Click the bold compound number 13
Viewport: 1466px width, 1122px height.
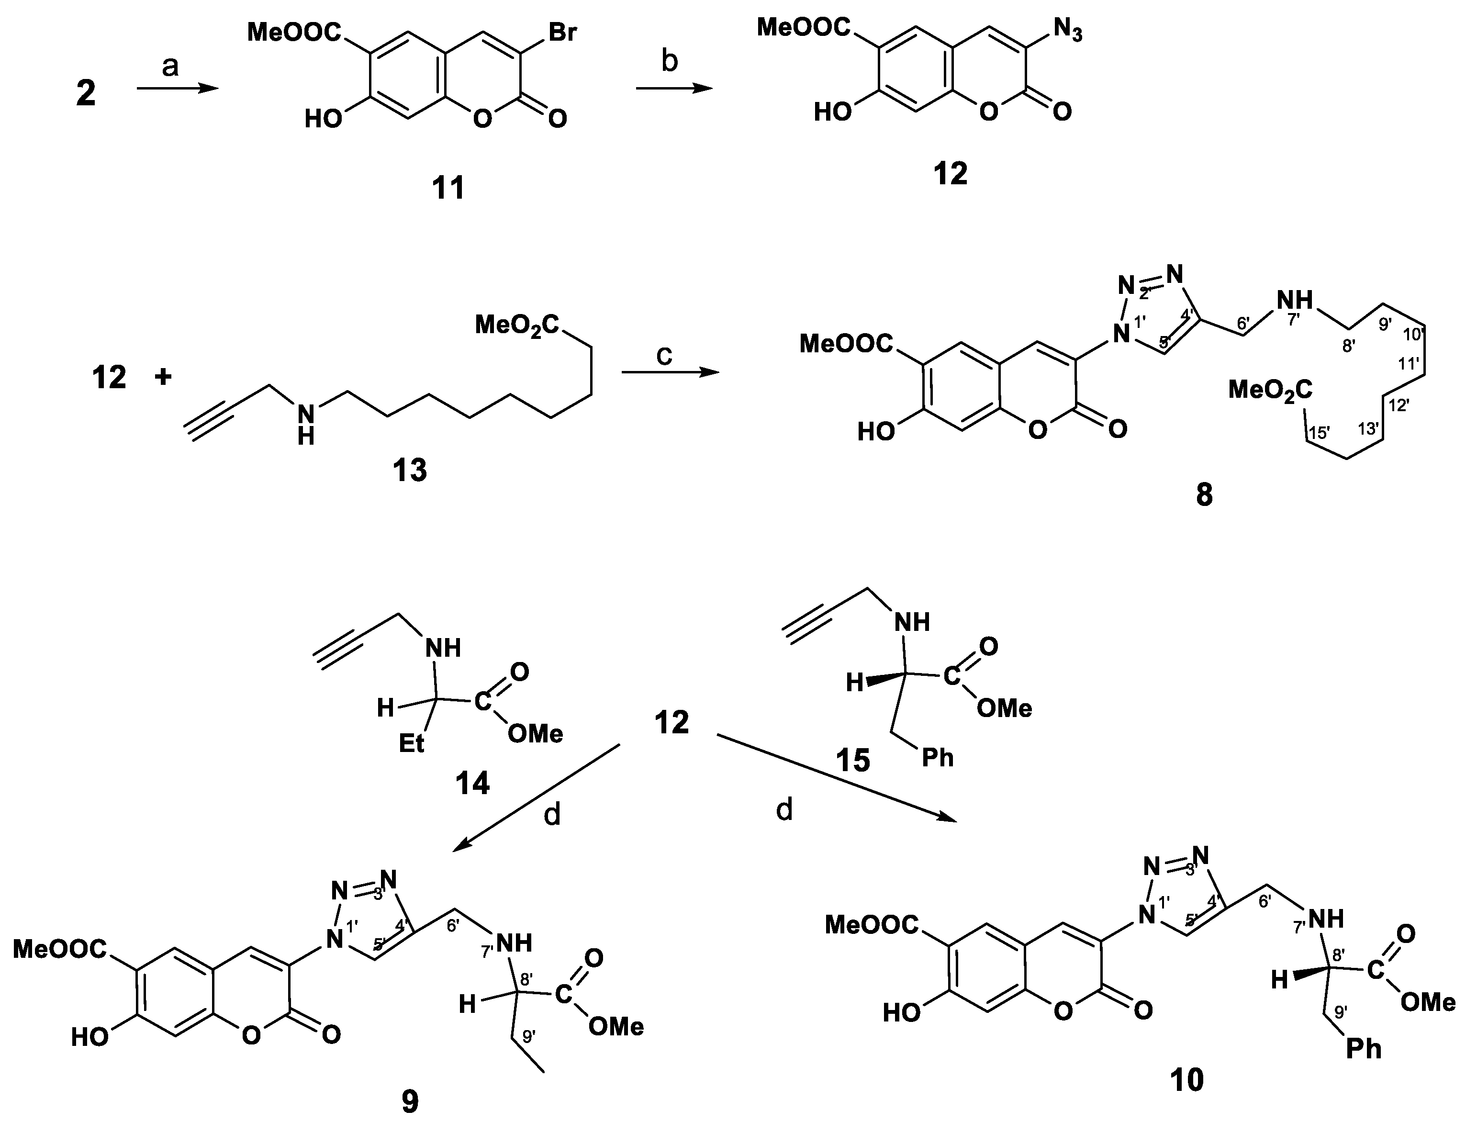click(x=409, y=470)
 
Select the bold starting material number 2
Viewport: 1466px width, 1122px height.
click(x=86, y=93)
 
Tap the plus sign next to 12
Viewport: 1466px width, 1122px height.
click(x=162, y=377)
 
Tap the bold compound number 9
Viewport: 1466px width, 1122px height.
click(x=409, y=1102)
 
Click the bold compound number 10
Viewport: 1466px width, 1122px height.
click(x=1187, y=1080)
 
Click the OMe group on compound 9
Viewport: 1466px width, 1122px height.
click(x=616, y=1026)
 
